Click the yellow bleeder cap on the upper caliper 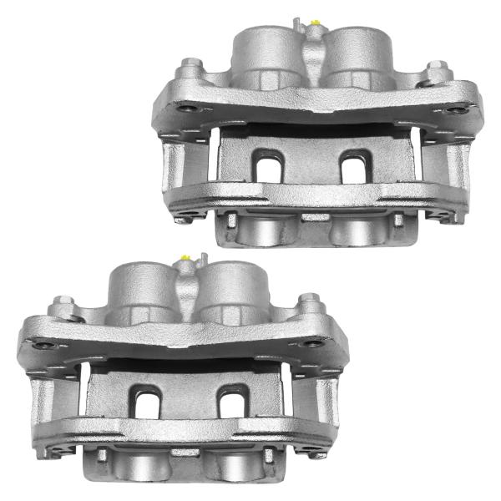[315, 22]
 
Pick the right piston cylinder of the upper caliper [357, 54]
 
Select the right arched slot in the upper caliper [356, 164]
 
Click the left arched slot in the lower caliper [146, 401]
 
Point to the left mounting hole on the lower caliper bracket [58, 343]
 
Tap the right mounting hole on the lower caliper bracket [315, 343]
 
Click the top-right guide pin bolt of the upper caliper [434, 67]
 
